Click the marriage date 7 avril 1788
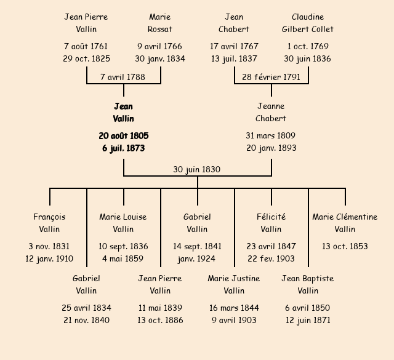pyautogui.click(x=123, y=77)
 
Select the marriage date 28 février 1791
pyautogui.click(x=271, y=77)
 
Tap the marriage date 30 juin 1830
pyautogui.click(x=197, y=169)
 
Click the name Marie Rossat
pyautogui.click(x=160, y=23)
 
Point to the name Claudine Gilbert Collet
pyautogui.click(x=308, y=23)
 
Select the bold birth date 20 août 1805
pyautogui.click(x=123, y=135)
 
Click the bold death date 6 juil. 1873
pyautogui.click(x=123, y=148)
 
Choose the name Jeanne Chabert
pyautogui.click(x=271, y=112)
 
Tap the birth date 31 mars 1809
pyautogui.click(x=271, y=135)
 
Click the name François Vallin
pyautogui.click(x=49, y=223)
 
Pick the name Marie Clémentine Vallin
pyautogui.click(x=345, y=223)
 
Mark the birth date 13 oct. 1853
pyautogui.click(x=345, y=246)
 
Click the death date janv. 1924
pyautogui.click(x=197, y=258)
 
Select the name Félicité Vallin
pyautogui.click(x=271, y=223)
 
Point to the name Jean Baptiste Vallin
pyautogui.click(x=308, y=284)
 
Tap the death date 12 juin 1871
pyautogui.click(x=308, y=320)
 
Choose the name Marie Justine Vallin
pyautogui.click(x=234, y=284)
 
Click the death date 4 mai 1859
pyautogui.click(x=123, y=258)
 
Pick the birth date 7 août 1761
pyautogui.click(x=86, y=46)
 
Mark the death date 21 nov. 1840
pyautogui.click(x=86, y=320)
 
